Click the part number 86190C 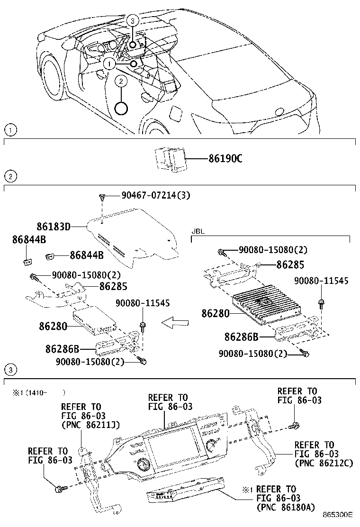tap(225, 158)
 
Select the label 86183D tap(54, 227)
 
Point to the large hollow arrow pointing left tap(175, 323)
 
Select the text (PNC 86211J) tap(90, 425)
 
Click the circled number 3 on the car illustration tap(133, 20)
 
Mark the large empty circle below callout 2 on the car tap(121, 109)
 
